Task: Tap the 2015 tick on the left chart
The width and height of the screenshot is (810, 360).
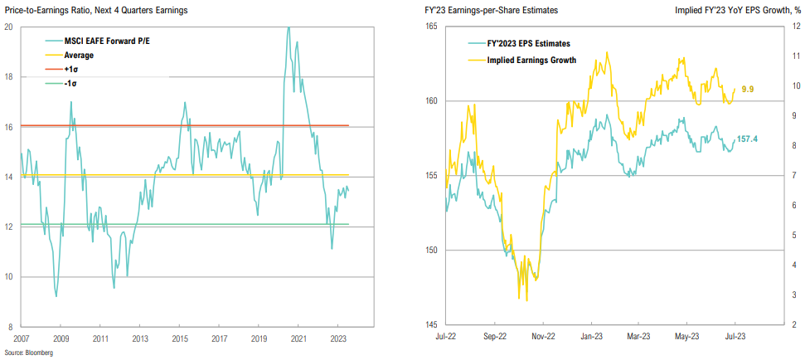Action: tap(180, 338)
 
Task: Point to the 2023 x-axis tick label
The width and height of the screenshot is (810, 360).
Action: tap(339, 338)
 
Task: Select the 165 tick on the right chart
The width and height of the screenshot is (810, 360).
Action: tap(430, 27)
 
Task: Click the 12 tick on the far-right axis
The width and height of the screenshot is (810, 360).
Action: tap(795, 27)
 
